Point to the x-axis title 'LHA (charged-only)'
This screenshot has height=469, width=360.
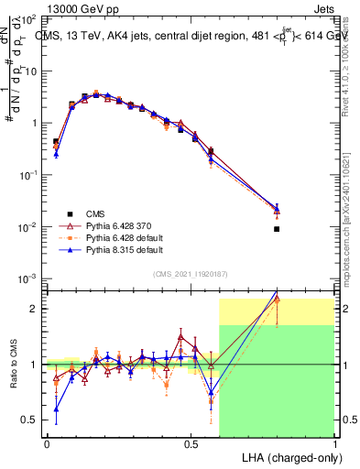(288, 456)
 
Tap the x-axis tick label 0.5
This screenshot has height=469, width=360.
(191, 443)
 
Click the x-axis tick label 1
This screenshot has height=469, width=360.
(335, 443)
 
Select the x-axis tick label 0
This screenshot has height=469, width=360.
(47, 443)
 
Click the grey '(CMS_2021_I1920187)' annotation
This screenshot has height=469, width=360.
(191, 274)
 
